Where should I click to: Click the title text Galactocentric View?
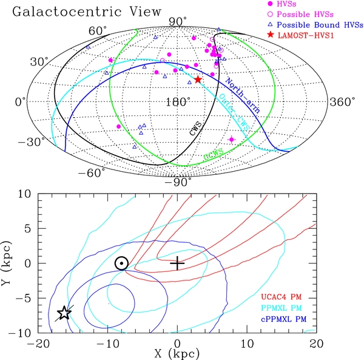pyautogui.click(x=86, y=11)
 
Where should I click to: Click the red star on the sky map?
pyautogui.click(x=198, y=80)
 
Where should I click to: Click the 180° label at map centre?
pyautogui.click(x=177, y=102)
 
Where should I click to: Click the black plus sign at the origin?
pyautogui.click(x=177, y=263)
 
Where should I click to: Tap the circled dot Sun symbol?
pyautogui.click(x=121, y=263)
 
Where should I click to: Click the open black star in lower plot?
pyautogui.click(x=64, y=313)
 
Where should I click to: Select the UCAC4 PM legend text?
pyautogui.click(x=282, y=297)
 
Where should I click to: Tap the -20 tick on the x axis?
pyautogui.click(x=38, y=343)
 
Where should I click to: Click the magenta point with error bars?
pyautogui.click(x=231, y=140)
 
